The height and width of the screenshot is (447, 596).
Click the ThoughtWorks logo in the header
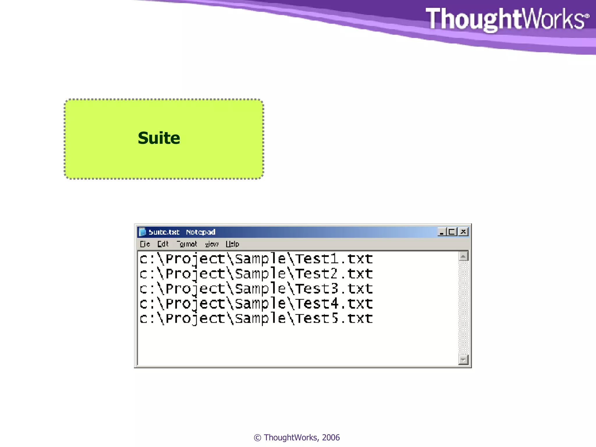point(507,19)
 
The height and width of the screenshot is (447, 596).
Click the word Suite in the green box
point(159,138)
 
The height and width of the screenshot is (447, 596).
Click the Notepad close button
point(463,232)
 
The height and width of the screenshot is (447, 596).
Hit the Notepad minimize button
point(441,232)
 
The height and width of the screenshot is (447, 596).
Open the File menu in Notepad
point(145,244)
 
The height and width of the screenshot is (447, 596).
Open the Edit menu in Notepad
point(163,244)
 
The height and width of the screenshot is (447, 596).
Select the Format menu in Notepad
point(187,244)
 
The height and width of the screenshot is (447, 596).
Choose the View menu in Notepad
point(212,244)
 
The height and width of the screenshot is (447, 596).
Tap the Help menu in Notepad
point(232,244)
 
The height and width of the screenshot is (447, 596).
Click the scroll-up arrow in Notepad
point(463,256)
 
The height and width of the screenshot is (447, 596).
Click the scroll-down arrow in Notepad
point(463,360)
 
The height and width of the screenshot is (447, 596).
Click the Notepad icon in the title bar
point(142,232)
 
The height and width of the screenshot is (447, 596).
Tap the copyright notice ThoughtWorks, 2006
point(297,437)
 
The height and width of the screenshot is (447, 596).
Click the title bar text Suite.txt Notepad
point(182,232)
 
